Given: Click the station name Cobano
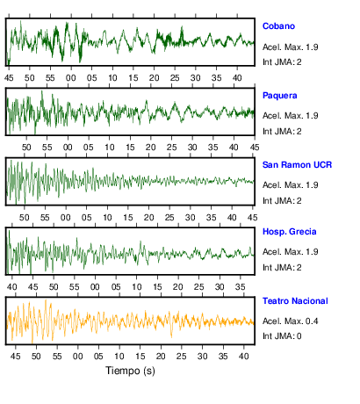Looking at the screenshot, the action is coord(278,26).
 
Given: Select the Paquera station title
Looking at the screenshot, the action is coord(279,96).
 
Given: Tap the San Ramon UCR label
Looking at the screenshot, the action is coord(297,165).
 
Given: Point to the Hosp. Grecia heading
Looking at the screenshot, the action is coord(289,232).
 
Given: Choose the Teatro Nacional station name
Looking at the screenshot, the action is coord(295,301).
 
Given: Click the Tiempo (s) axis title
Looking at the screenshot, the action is coord(130,371).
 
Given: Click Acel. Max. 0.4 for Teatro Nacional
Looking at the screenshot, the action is coord(290,321).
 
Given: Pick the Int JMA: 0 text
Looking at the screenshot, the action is coord(282,335).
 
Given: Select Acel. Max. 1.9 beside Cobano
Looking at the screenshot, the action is coord(290,47).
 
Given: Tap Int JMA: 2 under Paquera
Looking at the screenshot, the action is coord(282,132).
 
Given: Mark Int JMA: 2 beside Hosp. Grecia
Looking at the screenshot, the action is coord(282,267).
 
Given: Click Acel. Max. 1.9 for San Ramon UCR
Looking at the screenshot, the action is coord(290,185).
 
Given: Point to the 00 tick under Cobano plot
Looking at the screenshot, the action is coord(71,78).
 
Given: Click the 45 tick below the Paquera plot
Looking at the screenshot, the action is coord(255,147).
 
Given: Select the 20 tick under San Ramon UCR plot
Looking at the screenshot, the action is coord(148,218).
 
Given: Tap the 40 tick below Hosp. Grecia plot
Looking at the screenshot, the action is coord(12,287).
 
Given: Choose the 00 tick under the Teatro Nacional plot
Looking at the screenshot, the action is coord(78,357).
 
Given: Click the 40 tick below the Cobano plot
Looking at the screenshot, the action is coord(237,78).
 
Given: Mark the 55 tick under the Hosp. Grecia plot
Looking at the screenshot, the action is coord(75,287).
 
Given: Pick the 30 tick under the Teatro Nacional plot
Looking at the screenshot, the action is coord(202,357).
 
